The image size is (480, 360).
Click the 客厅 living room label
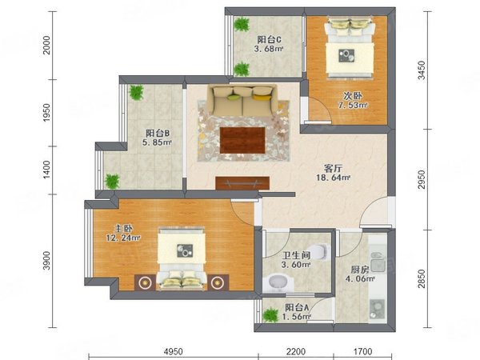(333, 168)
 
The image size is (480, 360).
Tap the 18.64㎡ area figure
(333, 178)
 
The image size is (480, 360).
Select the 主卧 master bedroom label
(123, 228)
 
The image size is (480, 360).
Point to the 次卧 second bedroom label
(353, 96)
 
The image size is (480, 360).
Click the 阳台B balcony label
(158, 133)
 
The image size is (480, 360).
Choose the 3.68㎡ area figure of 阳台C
(268, 49)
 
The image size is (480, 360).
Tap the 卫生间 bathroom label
(296, 255)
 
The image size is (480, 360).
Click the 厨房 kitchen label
(360, 270)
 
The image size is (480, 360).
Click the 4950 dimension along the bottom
(174, 351)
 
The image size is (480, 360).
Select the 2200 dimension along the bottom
(296, 351)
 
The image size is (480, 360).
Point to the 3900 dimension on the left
(46, 261)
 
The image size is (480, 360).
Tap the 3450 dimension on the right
(422, 70)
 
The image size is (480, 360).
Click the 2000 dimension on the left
(46, 45)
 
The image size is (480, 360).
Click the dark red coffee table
(242, 140)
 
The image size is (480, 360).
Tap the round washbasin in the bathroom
(278, 282)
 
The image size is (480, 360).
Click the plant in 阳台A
(271, 315)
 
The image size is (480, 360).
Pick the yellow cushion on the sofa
(263, 98)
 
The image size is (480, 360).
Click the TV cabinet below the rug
(242, 183)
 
